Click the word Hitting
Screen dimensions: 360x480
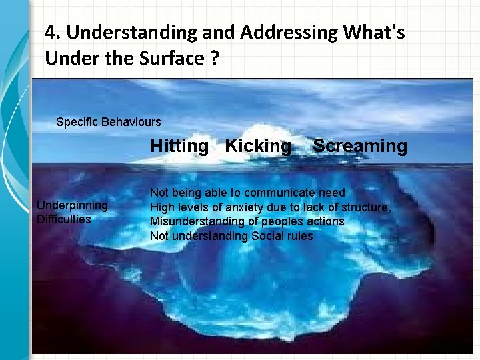point(179,146)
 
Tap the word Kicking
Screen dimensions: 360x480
point(258,146)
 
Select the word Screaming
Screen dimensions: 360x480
point(360,146)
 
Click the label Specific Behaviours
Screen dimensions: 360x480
point(109,122)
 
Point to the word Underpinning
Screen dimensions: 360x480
point(71,205)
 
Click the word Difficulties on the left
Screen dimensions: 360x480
point(63,219)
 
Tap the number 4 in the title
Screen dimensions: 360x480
point(51,32)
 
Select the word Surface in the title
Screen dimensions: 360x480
point(169,58)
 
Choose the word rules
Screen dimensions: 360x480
point(301,236)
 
